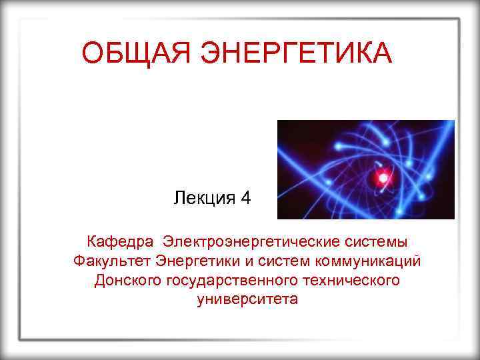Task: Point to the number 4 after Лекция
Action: click(246, 198)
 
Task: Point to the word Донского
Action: click(128, 279)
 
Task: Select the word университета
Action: click(248, 299)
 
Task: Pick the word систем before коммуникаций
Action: click(275, 259)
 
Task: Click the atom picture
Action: click(365, 169)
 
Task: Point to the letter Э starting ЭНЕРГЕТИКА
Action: click(205, 53)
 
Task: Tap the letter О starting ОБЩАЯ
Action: click(91, 53)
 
